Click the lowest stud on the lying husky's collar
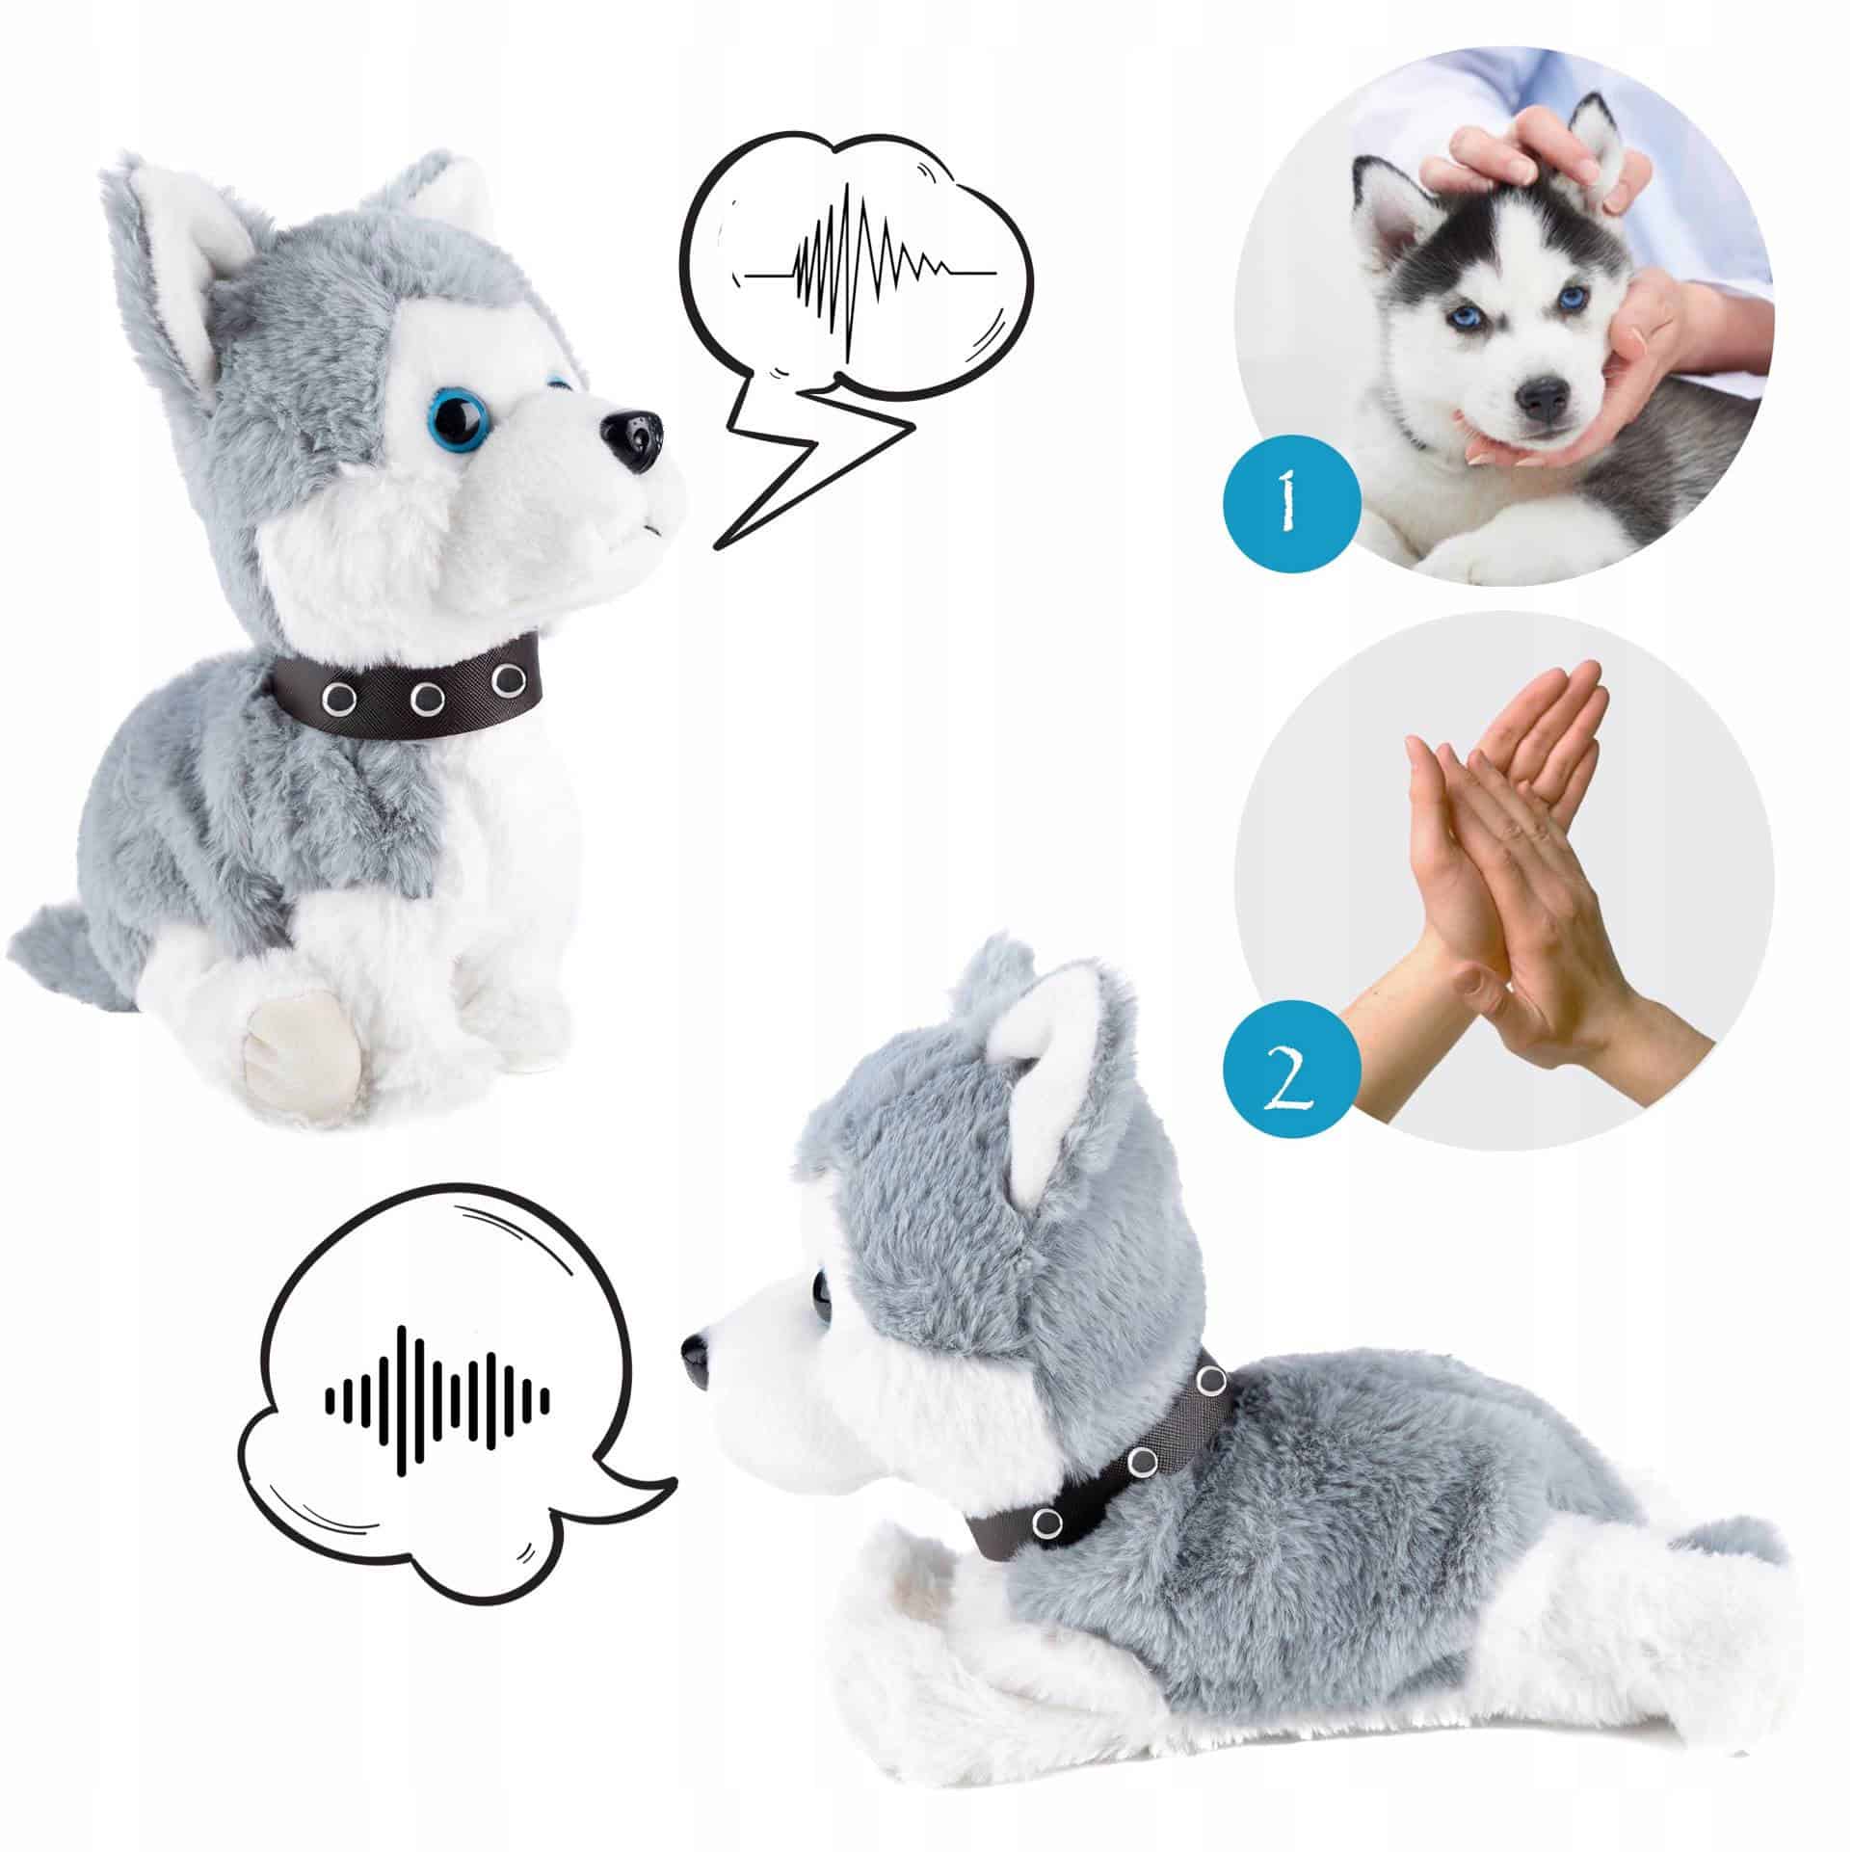[1047, 1521]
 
